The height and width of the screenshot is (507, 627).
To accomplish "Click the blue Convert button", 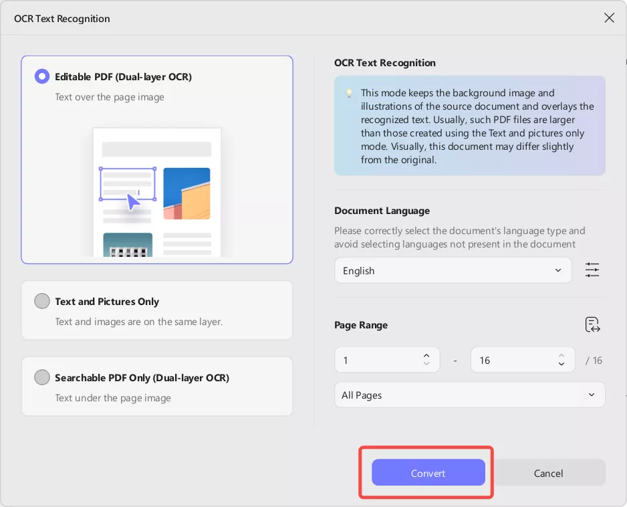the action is click(x=428, y=473).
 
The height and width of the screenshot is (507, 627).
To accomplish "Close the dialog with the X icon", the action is click(x=609, y=18).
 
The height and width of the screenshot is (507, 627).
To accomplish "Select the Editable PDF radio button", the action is click(x=42, y=76).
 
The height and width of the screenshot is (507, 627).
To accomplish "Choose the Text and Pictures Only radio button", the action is click(x=42, y=301).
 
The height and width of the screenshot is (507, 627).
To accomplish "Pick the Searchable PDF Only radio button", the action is click(x=42, y=377).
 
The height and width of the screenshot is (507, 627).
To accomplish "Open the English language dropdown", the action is click(x=453, y=270).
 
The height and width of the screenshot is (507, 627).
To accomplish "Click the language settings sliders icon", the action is click(x=592, y=270).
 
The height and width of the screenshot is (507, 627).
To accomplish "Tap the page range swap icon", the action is click(x=593, y=324).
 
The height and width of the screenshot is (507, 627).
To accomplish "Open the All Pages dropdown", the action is click(x=469, y=395).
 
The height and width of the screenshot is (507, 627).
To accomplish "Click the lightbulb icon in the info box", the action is click(x=349, y=93).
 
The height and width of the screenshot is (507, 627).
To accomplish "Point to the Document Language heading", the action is click(x=382, y=211).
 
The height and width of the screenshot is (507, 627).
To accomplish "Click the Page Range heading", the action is click(x=361, y=325).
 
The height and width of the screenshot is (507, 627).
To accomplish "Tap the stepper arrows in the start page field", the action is click(x=426, y=360).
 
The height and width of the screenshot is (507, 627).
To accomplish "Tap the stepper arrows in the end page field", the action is click(x=561, y=360).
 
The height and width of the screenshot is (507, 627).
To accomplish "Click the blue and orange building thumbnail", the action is click(x=186, y=193).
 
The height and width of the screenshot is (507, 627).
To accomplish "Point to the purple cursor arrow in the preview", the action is click(x=133, y=202).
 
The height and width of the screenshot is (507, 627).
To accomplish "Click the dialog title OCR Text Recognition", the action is click(x=62, y=19).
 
